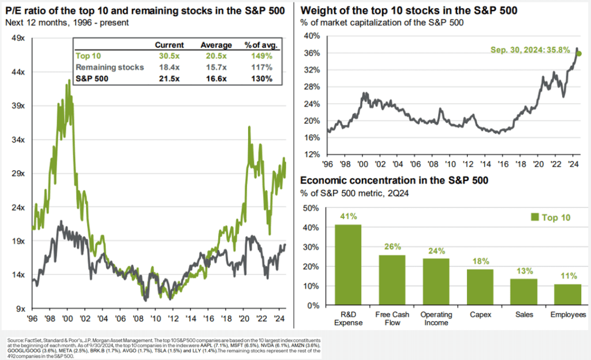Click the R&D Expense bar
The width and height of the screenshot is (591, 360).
click(348, 265)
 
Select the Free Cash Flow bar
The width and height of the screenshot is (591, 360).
click(392, 280)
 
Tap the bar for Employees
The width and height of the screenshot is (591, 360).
click(567, 295)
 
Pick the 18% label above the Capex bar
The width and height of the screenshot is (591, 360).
click(480, 262)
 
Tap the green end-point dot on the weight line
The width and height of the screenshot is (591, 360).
click(579, 54)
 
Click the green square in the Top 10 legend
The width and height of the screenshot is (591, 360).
click(534, 217)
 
